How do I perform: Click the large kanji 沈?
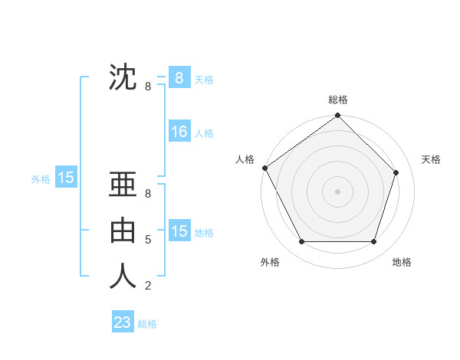(x=123, y=77)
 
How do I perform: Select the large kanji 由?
(x=123, y=231)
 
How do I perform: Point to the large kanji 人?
(x=123, y=276)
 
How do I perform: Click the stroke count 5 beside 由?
(x=148, y=240)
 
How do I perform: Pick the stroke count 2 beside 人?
(x=148, y=286)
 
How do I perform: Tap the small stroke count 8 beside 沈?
(x=148, y=87)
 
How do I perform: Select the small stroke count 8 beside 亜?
(x=148, y=194)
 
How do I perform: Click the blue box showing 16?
(x=179, y=132)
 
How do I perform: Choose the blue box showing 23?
(x=123, y=322)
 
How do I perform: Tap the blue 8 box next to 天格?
(x=179, y=78)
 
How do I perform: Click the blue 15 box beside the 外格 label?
(x=66, y=178)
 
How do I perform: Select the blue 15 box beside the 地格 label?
(x=179, y=231)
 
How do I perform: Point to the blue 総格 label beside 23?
(x=147, y=324)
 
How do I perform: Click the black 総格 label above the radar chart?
(x=337, y=100)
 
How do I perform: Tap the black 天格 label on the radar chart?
(x=431, y=159)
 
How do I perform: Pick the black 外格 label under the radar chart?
(x=270, y=262)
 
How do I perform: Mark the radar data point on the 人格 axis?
(x=265, y=168)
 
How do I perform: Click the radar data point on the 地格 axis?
(x=373, y=241)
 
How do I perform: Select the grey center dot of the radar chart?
(x=337, y=191)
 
